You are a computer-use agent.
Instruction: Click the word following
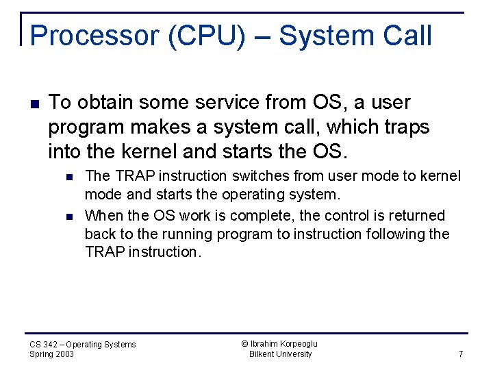pos(393,234)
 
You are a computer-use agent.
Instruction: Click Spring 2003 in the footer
pos(51,354)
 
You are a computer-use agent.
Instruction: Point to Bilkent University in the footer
pos(281,354)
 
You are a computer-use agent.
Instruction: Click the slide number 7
pos(461,354)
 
